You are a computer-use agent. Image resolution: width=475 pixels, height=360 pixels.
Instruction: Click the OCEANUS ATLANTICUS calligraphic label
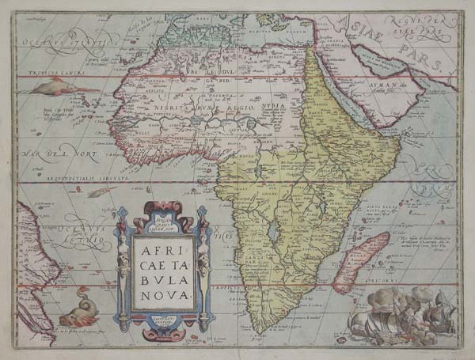[x=59, y=40]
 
